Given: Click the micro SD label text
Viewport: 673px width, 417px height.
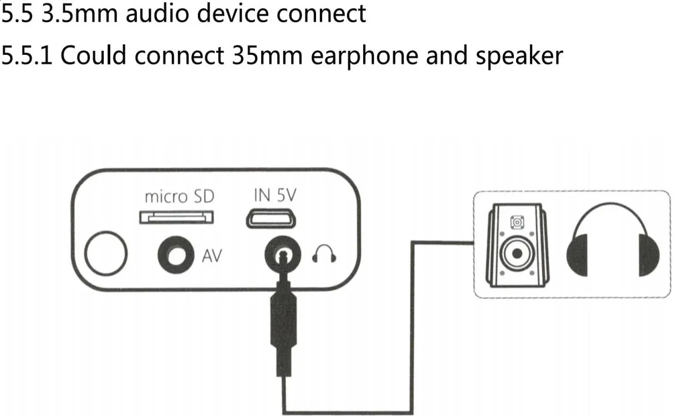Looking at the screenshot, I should [x=179, y=197].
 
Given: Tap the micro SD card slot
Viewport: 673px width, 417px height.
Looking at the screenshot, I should [x=177, y=217].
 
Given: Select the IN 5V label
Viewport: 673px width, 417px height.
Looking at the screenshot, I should [x=274, y=195].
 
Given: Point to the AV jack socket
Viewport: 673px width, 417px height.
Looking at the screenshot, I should [x=176, y=255].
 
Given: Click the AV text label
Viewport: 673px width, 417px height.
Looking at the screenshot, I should [x=212, y=256].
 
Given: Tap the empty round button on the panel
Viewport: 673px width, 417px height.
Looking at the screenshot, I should [x=106, y=254].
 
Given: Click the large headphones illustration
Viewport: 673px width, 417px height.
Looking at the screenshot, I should [x=613, y=244].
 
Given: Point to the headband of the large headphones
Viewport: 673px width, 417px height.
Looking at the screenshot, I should [x=613, y=213].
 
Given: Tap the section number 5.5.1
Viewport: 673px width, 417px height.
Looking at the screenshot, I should [x=27, y=55].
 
